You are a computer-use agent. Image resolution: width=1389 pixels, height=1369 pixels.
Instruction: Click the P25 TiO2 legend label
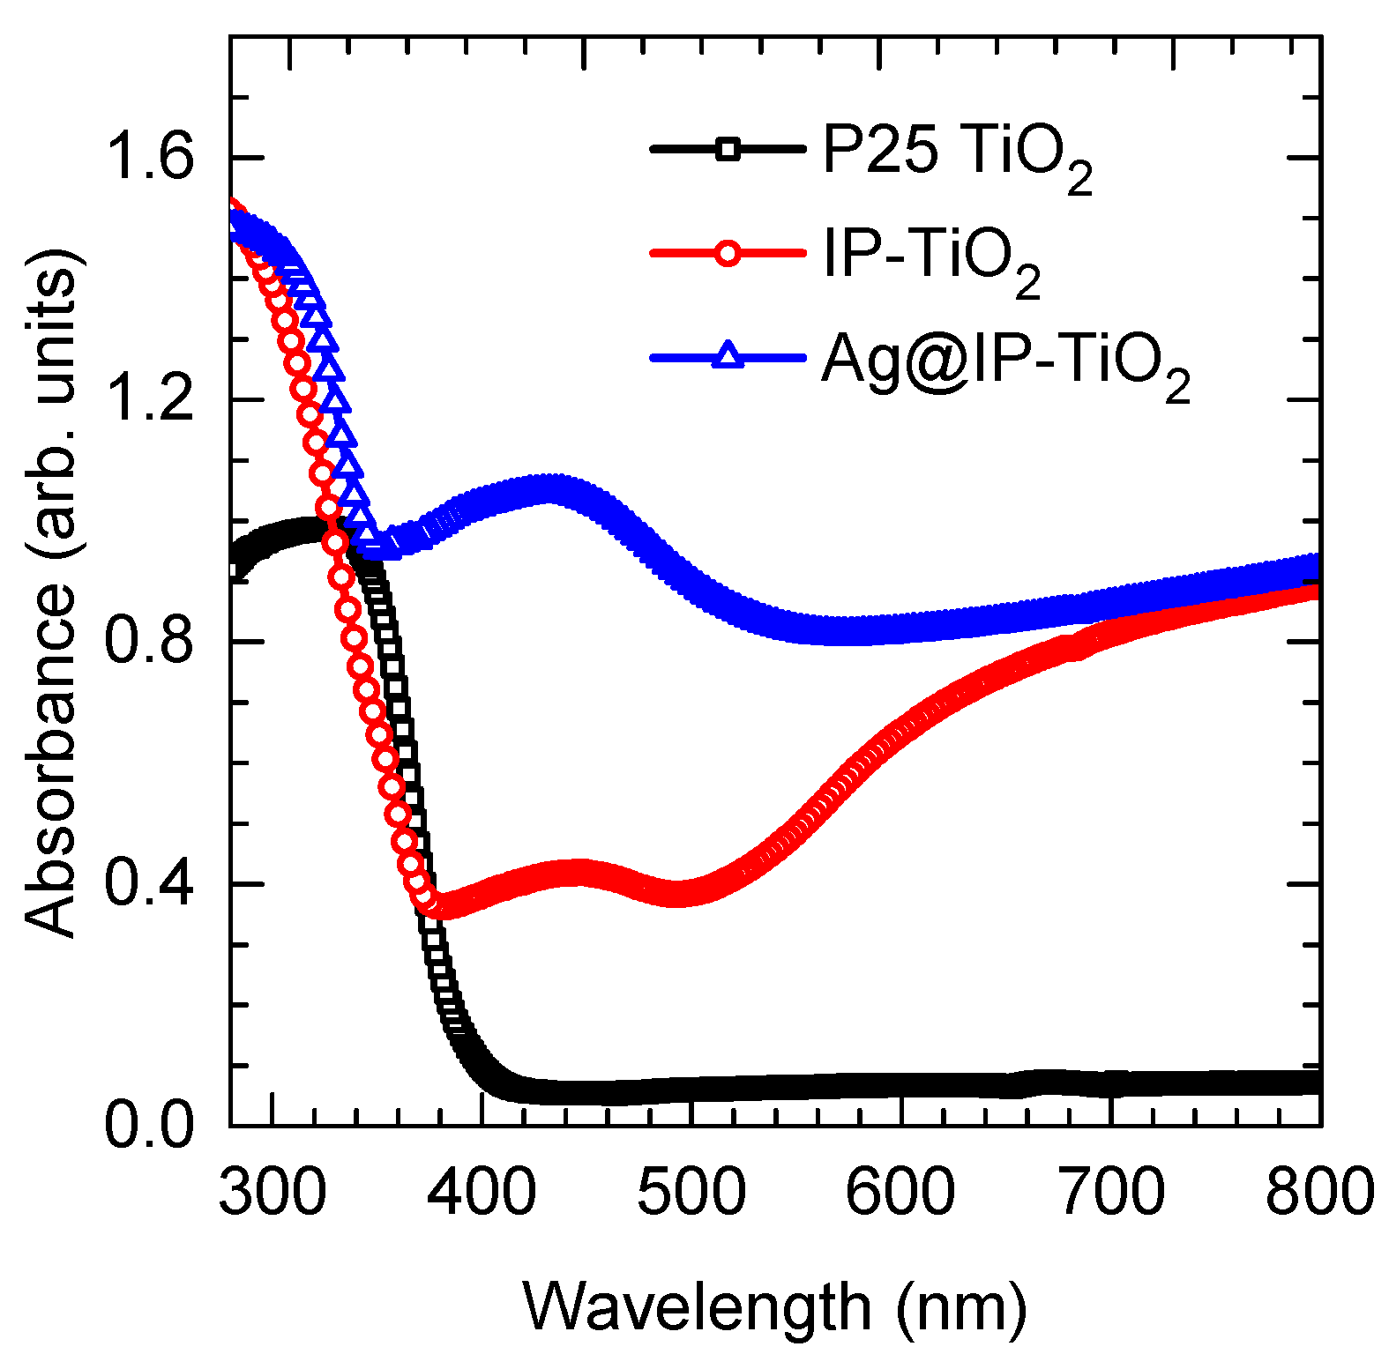(957, 154)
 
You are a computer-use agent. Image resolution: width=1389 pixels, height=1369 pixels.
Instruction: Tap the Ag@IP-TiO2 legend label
(1005, 362)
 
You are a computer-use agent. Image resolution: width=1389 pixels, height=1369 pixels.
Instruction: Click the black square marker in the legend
(728, 149)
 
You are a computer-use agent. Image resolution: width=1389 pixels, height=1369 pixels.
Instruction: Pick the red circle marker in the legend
(728, 253)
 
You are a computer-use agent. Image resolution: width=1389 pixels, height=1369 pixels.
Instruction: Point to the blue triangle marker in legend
(728, 356)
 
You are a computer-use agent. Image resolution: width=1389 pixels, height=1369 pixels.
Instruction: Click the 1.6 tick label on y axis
(148, 159)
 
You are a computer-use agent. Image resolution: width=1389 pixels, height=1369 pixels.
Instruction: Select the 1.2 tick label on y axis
(148, 400)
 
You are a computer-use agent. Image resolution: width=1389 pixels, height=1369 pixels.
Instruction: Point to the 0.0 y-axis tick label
(148, 1126)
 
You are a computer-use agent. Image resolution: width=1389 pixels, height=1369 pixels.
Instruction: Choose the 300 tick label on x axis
(273, 1192)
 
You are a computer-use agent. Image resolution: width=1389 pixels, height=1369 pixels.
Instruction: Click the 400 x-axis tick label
(482, 1192)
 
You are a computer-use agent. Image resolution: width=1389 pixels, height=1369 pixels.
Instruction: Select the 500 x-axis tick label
(691, 1192)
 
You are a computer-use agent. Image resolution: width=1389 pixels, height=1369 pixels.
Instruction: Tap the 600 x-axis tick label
(900, 1192)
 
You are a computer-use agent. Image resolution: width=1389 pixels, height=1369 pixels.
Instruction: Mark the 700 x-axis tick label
(1110, 1192)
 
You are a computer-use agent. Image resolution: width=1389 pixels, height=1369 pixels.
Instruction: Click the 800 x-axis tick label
(1319, 1192)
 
